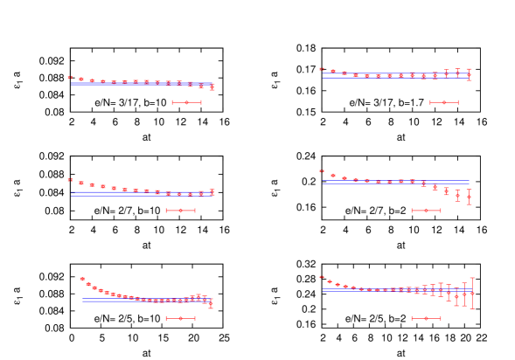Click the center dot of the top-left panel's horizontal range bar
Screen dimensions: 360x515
tap(186, 102)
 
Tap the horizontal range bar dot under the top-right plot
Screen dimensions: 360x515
tap(443, 102)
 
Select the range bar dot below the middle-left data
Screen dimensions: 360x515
tap(181, 211)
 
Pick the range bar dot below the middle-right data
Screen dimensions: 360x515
tap(426, 211)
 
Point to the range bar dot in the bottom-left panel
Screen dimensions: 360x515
tap(180, 318)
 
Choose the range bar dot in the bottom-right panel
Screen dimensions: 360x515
tap(426, 318)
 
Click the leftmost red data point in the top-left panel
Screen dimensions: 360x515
tap(81, 80)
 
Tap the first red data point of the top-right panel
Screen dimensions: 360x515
tap(333, 72)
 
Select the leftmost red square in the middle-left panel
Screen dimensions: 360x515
tap(81, 183)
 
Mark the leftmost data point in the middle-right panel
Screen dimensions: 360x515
tap(333, 176)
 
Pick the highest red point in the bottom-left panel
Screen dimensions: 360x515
tap(83, 279)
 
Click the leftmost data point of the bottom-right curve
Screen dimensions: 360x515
tap(330, 281)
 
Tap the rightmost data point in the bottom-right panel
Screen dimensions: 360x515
tap(472, 294)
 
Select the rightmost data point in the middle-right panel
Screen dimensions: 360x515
tap(469, 197)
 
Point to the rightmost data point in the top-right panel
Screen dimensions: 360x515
tap(469, 75)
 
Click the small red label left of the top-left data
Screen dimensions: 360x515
tap(70, 78)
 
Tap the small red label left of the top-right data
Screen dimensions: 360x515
tap(322, 69)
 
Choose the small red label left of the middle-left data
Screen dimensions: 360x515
tap(70, 180)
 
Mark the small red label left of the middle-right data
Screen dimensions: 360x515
tap(322, 171)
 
